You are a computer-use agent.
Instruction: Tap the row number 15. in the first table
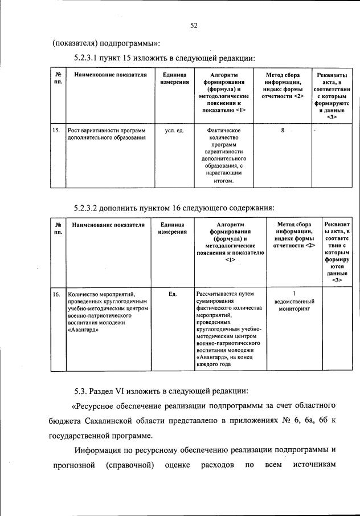tap(56, 131)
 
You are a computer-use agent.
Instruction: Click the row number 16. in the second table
tap(56, 294)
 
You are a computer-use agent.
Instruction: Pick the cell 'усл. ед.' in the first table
tap(174, 131)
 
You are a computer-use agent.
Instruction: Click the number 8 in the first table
tap(283, 131)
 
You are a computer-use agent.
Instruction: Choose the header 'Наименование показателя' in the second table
tap(109, 225)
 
